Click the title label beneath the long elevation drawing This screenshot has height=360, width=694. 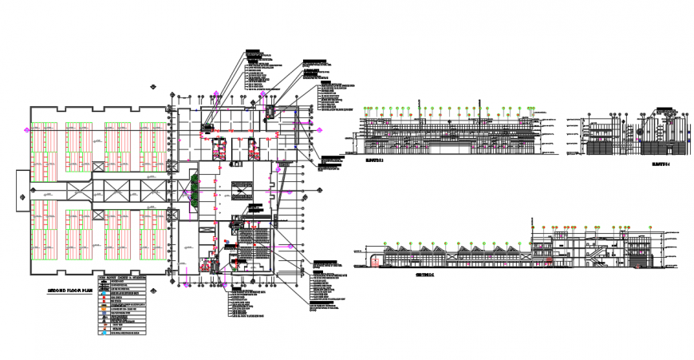[x=375, y=160]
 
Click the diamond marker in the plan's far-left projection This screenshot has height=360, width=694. [x=20, y=191]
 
